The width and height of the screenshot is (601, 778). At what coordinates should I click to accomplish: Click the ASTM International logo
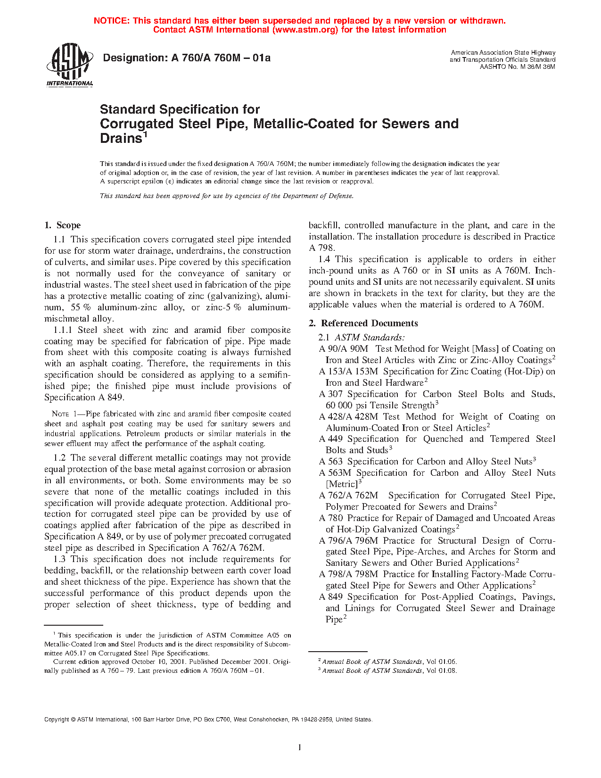click(69, 65)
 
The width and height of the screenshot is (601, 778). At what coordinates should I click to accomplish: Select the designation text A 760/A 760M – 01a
click(221, 58)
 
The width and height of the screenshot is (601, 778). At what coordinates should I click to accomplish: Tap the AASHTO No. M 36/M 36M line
click(517, 66)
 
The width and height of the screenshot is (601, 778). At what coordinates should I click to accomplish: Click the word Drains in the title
click(121, 139)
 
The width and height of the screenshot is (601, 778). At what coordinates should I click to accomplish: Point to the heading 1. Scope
click(63, 225)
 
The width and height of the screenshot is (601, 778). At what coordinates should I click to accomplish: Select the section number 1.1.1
click(62, 330)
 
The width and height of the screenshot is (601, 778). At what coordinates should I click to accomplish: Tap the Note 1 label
click(66, 414)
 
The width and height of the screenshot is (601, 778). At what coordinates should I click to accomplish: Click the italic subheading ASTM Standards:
click(370, 338)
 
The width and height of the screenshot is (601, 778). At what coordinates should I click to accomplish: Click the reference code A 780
click(331, 518)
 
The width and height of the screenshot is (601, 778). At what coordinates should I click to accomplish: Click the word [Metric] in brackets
click(342, 484)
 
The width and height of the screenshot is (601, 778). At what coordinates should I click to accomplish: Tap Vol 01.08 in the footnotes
click(442, 670)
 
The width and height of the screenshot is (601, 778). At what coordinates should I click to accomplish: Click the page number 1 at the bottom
click(300, 747)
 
